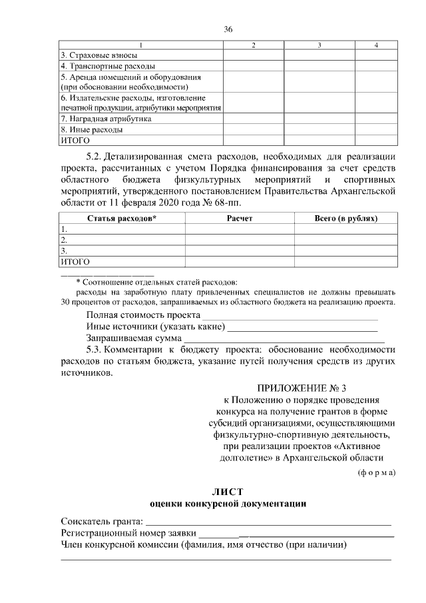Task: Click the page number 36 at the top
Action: (x=228, y=29)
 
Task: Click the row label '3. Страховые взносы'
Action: (x=89, y=55)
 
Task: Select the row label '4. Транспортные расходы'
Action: (x=99, y=67)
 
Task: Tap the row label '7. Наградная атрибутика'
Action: (x=97, y=119)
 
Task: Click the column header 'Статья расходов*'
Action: (x=122, y=218)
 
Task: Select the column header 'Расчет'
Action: (x=240, y=218)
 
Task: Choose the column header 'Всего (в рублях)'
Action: (x=345, y=218)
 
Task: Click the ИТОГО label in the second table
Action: (x=75, y=262)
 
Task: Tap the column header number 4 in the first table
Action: (x=377, y=45)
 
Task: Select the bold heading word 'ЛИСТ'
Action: (x=227, y=491)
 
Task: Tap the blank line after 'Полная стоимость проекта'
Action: (x=290, y=315)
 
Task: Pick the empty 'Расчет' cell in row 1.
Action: (x=240, y=229)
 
